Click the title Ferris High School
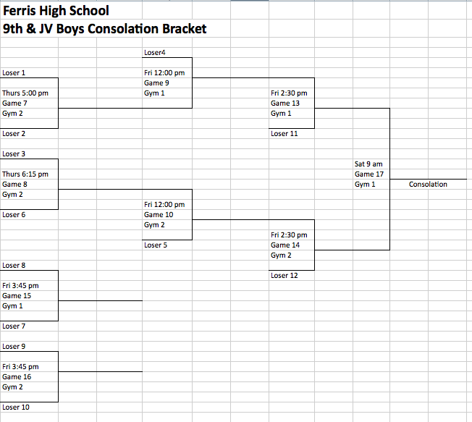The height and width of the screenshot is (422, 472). [56, 12]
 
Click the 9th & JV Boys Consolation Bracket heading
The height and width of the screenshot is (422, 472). [105, 29]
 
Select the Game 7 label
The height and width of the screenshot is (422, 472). [14, 104]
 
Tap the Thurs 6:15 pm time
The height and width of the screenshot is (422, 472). [25, 174]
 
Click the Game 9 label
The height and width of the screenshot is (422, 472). [156, 83]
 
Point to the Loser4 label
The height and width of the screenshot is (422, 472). [155, 53]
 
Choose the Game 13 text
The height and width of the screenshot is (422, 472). [285, 104]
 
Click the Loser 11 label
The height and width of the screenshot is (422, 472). [284, 134]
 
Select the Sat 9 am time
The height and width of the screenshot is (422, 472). [368, 164]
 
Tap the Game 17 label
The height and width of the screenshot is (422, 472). [369, 174]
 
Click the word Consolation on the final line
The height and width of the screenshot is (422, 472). [428, 185]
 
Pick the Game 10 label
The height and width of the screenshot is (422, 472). [159, 215]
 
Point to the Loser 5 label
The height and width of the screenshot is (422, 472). [156, 245]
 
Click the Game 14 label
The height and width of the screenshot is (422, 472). [285, 245]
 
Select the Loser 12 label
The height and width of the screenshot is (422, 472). [284, 276]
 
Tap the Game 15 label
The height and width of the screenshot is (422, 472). [17, 296]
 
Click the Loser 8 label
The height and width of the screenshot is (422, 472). [14, 266]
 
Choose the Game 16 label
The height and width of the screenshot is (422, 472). [17, 377]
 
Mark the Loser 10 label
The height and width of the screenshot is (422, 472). [16, 408]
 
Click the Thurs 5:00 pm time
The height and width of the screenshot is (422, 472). [25, 93]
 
